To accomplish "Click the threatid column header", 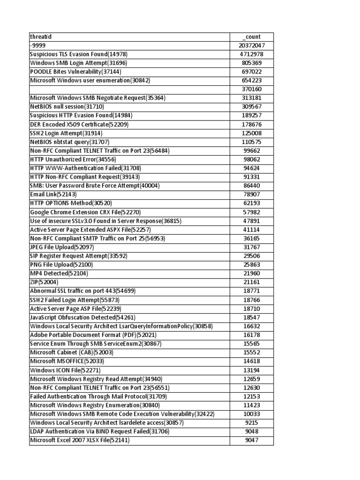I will (x=41, y=37).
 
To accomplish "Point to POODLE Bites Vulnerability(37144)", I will (x=75, y=72).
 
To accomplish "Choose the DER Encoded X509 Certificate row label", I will (x=79, y=124).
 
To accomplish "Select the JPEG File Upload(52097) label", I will (x=62, y=247).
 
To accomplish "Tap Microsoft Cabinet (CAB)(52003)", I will (x=72, y=352).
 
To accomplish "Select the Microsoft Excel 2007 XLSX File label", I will (x=80, y=440).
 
